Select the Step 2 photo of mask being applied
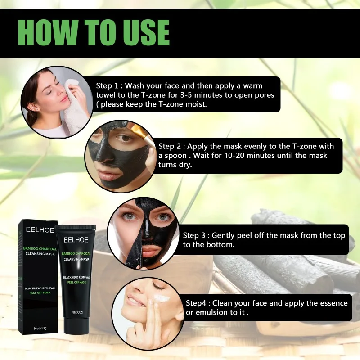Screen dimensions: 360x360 coord(120,153)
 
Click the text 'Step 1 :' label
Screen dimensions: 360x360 coord(109,85)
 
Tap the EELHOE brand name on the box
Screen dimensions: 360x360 coord(40,229)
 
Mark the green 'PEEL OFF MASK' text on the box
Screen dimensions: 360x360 coord(39,292)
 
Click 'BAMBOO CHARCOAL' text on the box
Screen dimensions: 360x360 coord(39,248)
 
